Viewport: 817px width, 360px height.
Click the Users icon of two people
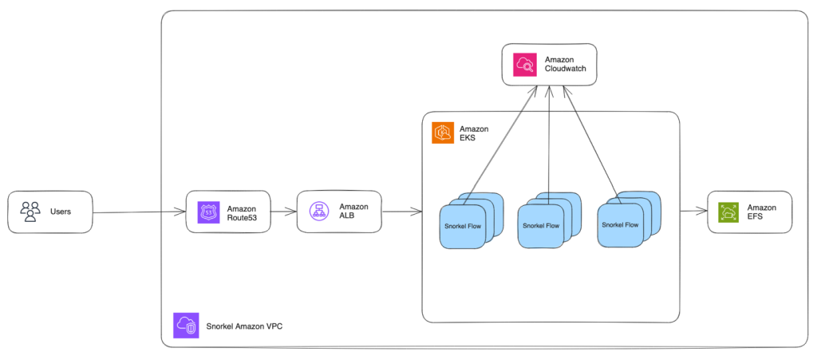(30, 212)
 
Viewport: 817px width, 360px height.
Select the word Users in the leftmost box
(61, 212)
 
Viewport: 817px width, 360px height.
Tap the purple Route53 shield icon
(208, 212)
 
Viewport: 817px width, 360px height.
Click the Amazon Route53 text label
(242, 212)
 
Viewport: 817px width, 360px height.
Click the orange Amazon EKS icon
(443, 133)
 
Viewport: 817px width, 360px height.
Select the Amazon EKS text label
(474, 133)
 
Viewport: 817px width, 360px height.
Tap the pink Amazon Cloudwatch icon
(526, 65)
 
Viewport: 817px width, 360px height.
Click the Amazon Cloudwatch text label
(566, 65)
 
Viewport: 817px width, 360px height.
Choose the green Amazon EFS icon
(728, 212)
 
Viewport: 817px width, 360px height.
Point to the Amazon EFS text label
(762, 212)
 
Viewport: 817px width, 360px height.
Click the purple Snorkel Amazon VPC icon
(185, 325)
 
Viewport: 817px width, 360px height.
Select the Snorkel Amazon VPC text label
(243, 325)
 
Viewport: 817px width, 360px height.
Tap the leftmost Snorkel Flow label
(462, 226)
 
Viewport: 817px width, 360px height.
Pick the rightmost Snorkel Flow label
(620, 224)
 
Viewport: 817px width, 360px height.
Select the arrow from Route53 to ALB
(283, 212)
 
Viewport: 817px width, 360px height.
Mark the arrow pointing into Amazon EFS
(693, 212)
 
